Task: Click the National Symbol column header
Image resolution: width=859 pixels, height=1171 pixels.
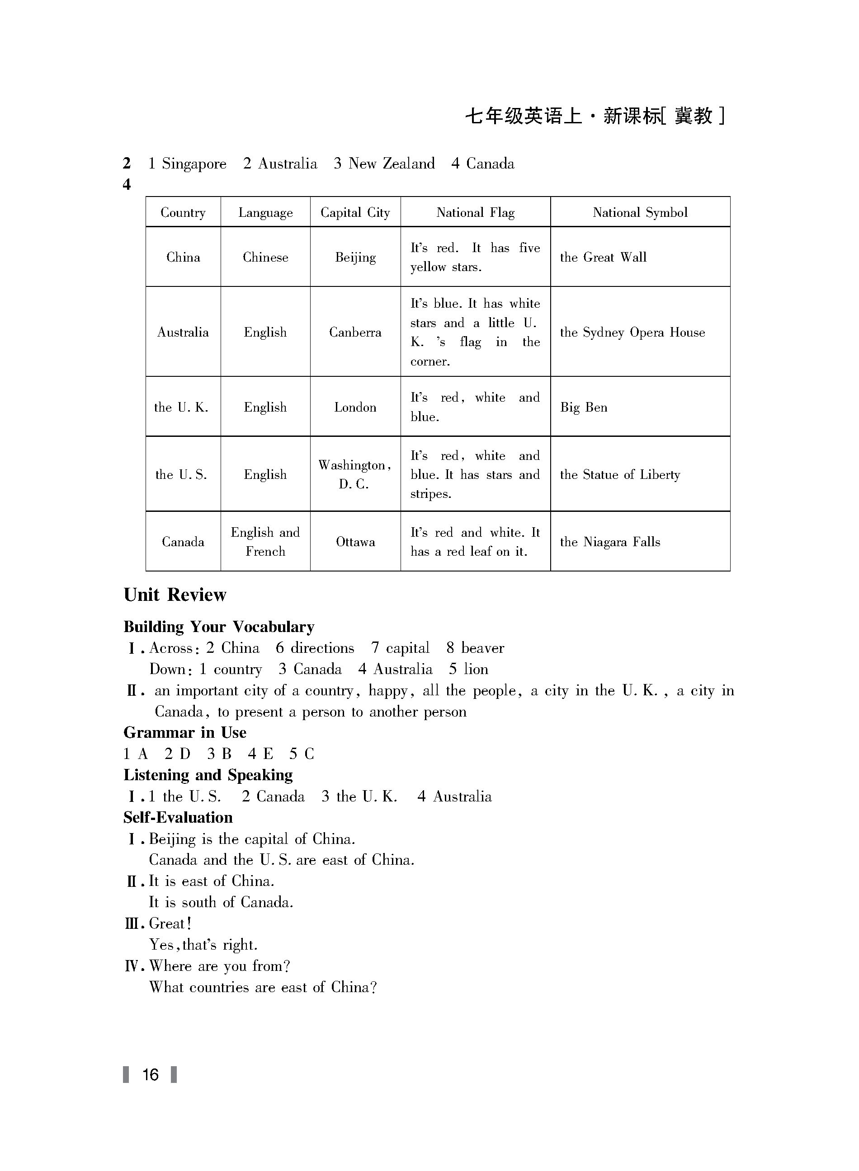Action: click(640, 212)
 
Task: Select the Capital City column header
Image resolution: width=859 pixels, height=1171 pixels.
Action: click(355, 212)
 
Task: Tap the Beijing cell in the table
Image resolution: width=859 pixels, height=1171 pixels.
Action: click(355, 257)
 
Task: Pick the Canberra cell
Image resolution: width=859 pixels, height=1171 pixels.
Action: click(355, 332)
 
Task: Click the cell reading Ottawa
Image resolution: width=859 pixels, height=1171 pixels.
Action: click(355, 542)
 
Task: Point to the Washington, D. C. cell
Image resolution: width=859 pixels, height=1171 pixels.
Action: click(354, 474)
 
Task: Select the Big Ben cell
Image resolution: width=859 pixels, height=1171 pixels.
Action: click(583, 408)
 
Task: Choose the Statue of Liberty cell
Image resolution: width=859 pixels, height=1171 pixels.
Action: click(620, 474)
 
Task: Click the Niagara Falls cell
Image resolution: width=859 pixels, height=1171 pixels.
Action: click(610, 542)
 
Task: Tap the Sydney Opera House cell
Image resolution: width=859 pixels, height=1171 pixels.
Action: click(632, 332)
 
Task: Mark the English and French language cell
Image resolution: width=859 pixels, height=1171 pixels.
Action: click(265, 541)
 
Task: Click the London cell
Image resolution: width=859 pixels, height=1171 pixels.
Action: click(355, 408)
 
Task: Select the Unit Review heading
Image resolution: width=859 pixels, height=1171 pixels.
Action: click(175, 595)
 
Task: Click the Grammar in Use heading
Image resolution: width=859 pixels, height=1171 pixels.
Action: click(184, 732)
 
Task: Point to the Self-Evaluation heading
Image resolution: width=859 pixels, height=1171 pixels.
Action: click(178, 818)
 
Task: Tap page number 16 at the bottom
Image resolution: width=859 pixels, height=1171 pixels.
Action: click(150, 1074)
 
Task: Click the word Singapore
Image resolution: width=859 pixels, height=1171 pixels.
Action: click(194, 164)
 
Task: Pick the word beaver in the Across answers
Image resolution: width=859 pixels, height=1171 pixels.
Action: click(482, 648)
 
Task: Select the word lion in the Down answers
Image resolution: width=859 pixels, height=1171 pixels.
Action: click(476, 669)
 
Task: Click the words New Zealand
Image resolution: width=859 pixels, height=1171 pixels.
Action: click(391, 164)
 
